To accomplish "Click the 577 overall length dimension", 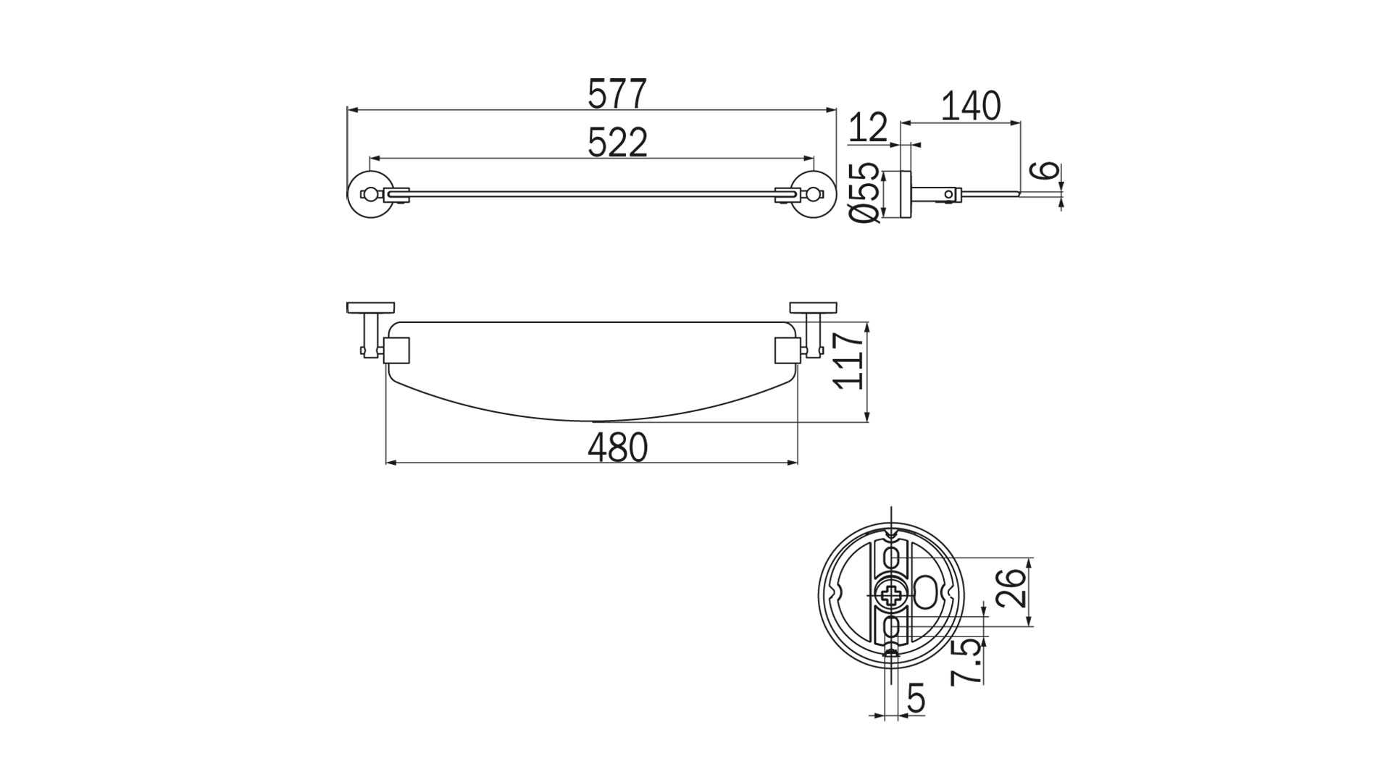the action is click(617, 94).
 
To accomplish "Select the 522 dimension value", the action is click(617, 143).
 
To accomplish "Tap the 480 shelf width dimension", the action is click(617, 447).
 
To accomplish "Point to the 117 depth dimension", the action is click(850, 361).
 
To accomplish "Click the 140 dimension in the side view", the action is click(971, 106).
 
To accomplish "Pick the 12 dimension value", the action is click(867, 127).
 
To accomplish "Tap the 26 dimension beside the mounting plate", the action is click(1011, 587).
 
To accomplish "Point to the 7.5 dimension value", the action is click(967, 661).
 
